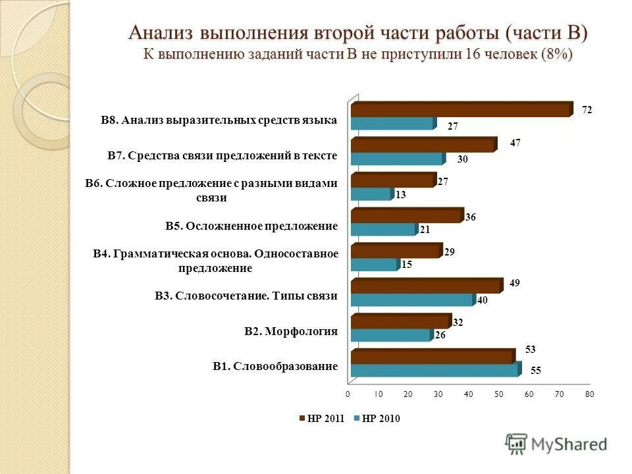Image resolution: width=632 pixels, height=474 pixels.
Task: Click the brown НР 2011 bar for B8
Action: coord(461,110)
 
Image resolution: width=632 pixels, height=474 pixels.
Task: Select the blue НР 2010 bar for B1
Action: coord(434,370)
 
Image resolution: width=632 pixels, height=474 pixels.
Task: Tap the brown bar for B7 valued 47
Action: coord(422,145)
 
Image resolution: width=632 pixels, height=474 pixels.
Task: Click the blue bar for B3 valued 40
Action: coord(412,300)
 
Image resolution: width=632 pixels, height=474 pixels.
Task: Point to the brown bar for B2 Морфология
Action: coord(400,322)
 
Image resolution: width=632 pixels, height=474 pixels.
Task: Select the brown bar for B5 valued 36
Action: coord(406,216)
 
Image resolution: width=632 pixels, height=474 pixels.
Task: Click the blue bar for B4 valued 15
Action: coord(374,265)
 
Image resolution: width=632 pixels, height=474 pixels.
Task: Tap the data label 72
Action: coord(586,111)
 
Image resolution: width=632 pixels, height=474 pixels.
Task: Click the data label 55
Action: coord(536,371)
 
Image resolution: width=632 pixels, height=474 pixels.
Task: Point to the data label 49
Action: coord(515,283)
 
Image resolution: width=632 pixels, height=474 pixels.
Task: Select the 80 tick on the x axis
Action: coord(589,394)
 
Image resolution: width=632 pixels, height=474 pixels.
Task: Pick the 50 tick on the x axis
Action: coord(498,394)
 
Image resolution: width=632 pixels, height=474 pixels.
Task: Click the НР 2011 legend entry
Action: coord(322,418)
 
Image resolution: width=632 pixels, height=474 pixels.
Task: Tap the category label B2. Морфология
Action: coord(291,331)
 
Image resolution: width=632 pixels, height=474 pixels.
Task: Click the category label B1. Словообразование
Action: coord(275,366)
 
